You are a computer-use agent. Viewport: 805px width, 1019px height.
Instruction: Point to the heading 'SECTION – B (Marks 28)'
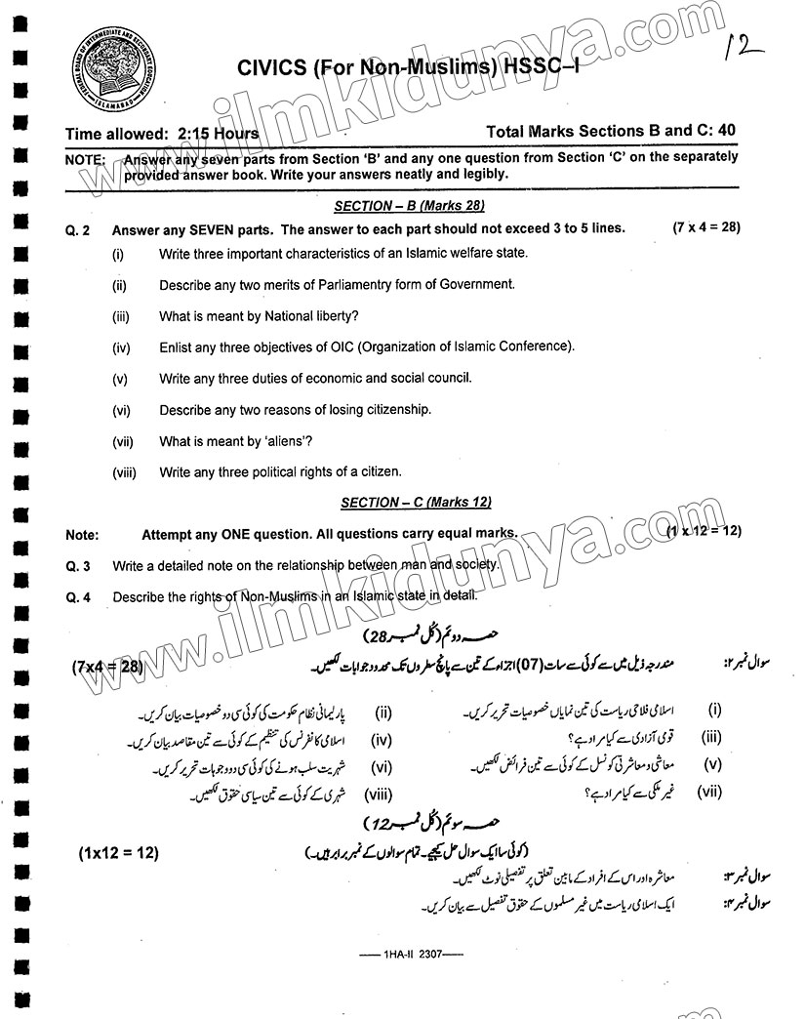[409, 206]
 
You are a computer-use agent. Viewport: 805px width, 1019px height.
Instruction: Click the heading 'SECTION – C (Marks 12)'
[415, 502]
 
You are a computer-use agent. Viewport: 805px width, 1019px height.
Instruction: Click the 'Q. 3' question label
[78, 566]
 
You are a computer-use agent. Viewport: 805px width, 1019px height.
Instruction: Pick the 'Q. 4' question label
[78, 597]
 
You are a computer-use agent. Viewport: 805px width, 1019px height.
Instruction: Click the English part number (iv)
[121, 346]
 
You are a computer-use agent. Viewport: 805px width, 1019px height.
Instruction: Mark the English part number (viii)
[124, 471]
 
